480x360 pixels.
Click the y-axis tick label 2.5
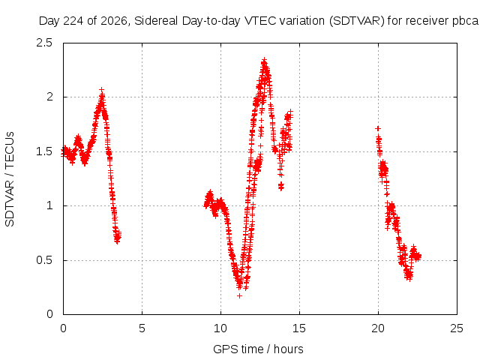point(44,43)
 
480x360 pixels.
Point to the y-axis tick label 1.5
point(44,151)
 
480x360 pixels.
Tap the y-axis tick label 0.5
point(44,260)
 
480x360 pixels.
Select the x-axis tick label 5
point(142,328)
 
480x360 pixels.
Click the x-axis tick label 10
point(220,328)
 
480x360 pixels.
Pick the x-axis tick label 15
point(299,328)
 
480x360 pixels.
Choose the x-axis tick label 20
point(378,328)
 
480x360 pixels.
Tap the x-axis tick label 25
point(457,328)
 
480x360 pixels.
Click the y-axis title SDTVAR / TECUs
point(10,179)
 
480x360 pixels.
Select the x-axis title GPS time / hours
point(258,349)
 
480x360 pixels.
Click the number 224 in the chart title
point(73,21)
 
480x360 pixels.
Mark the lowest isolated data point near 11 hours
point(240,295)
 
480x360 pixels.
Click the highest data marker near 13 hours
point(265,59)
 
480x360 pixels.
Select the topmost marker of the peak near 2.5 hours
point(102,90)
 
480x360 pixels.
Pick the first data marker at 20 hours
point(378,128)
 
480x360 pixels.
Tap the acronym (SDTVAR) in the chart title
point(357,21)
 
